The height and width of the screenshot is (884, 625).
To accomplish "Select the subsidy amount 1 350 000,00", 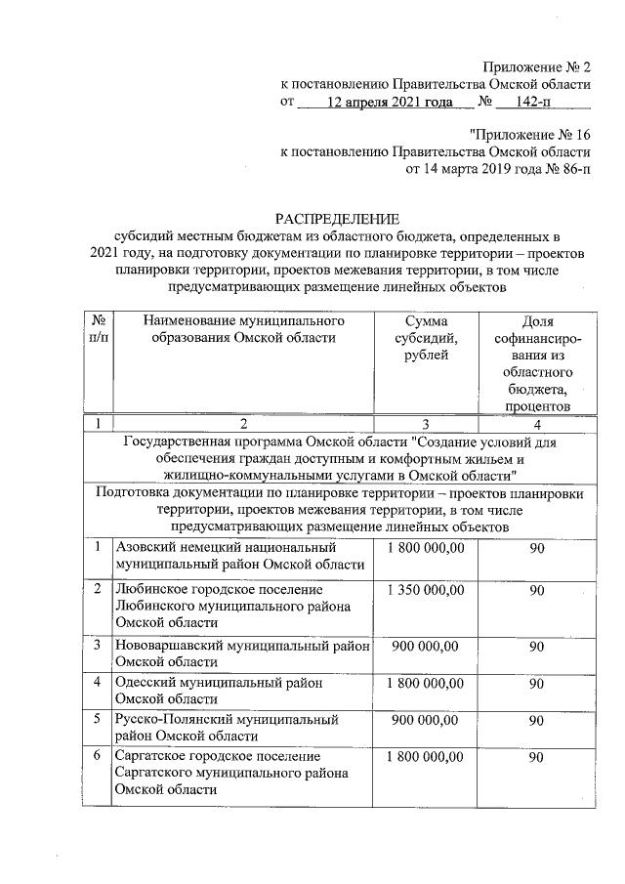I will tap(425, 590).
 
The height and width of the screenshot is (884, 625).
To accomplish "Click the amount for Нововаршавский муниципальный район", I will tap(425, 646).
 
